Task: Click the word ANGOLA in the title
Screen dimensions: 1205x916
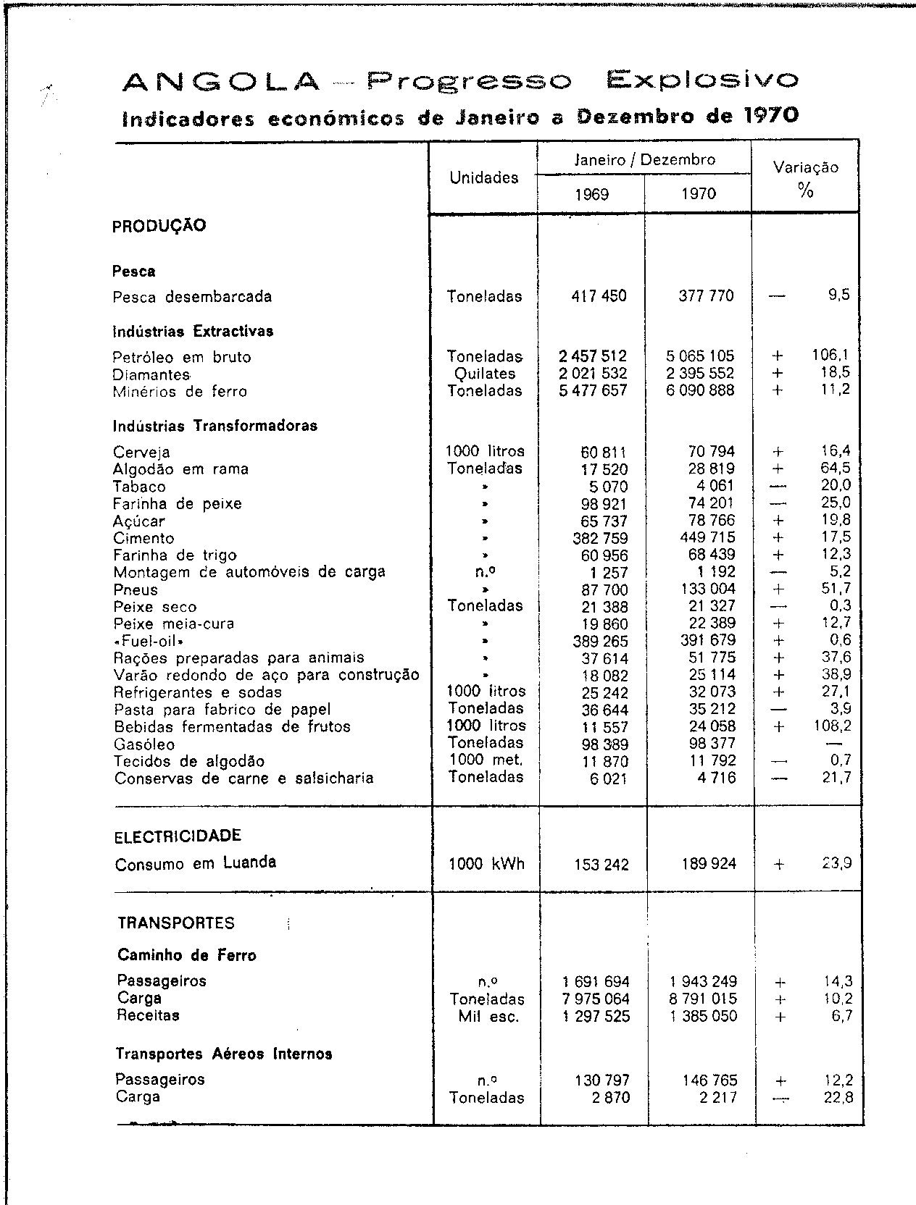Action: pos(221,81)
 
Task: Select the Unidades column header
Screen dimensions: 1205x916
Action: pos(483,177)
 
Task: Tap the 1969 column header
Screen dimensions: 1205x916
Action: pos(591,194)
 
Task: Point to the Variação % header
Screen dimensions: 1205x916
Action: pos(805,179)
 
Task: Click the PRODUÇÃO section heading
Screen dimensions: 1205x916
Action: pos(159,226)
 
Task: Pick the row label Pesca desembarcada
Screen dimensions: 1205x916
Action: pos(192,297)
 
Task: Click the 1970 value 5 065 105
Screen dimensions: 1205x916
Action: pos(700,356)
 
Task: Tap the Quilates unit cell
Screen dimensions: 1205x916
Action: pos(485,374)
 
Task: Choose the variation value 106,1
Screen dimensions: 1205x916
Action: pos(830,356)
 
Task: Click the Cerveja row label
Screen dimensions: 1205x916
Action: pos(141,453)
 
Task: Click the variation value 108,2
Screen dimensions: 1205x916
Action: pos(830,726)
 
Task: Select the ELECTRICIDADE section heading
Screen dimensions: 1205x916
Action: pos(178,836)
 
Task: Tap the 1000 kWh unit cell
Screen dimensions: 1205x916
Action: pos(486,864)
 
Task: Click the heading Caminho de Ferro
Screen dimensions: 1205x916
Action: pos(186,956)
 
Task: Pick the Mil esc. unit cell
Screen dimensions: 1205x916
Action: pos(488,1017)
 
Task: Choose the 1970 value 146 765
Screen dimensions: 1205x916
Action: pos(709,1080)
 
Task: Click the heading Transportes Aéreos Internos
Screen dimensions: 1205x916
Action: pos(223,1054)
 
